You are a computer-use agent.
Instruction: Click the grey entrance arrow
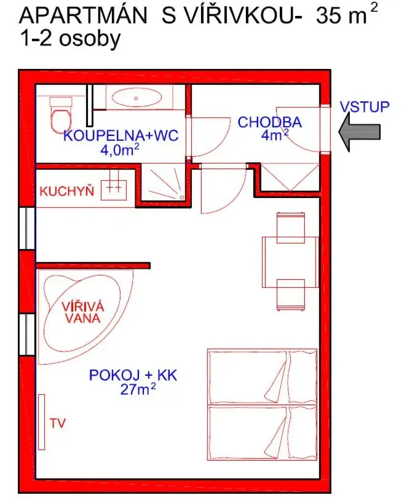359,132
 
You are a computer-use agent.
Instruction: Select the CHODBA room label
270,122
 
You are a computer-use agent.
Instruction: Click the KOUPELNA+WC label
121,135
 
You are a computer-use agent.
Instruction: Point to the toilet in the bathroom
61,114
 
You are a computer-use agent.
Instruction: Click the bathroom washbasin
135,98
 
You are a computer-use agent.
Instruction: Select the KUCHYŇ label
66,191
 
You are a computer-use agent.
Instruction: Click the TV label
58,423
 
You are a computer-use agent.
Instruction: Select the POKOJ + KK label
133,374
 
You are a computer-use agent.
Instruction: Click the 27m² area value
138,389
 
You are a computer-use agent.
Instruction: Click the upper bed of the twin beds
262,377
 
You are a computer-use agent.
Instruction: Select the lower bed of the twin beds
262,432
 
